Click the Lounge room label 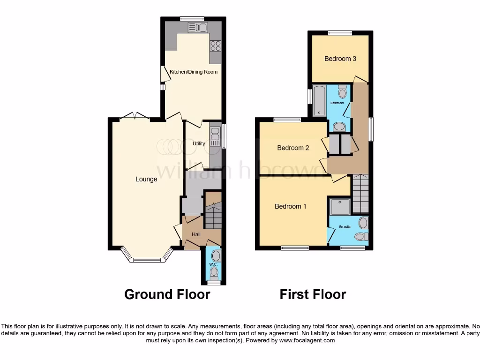coord(146,179)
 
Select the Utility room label coord(198,143)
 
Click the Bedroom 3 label coord(340,59)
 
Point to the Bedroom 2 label coord(293,148)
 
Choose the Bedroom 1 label coord(291,206)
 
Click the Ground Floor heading coord(167,294)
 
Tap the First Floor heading coord(313,294)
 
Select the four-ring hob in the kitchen coord(216,45)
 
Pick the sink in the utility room coord(216,136)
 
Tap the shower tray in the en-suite coord(340,206)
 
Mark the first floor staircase coord(360,194)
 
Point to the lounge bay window coord(147,258)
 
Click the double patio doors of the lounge coord(135,117)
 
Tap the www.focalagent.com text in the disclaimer coord(307,340)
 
